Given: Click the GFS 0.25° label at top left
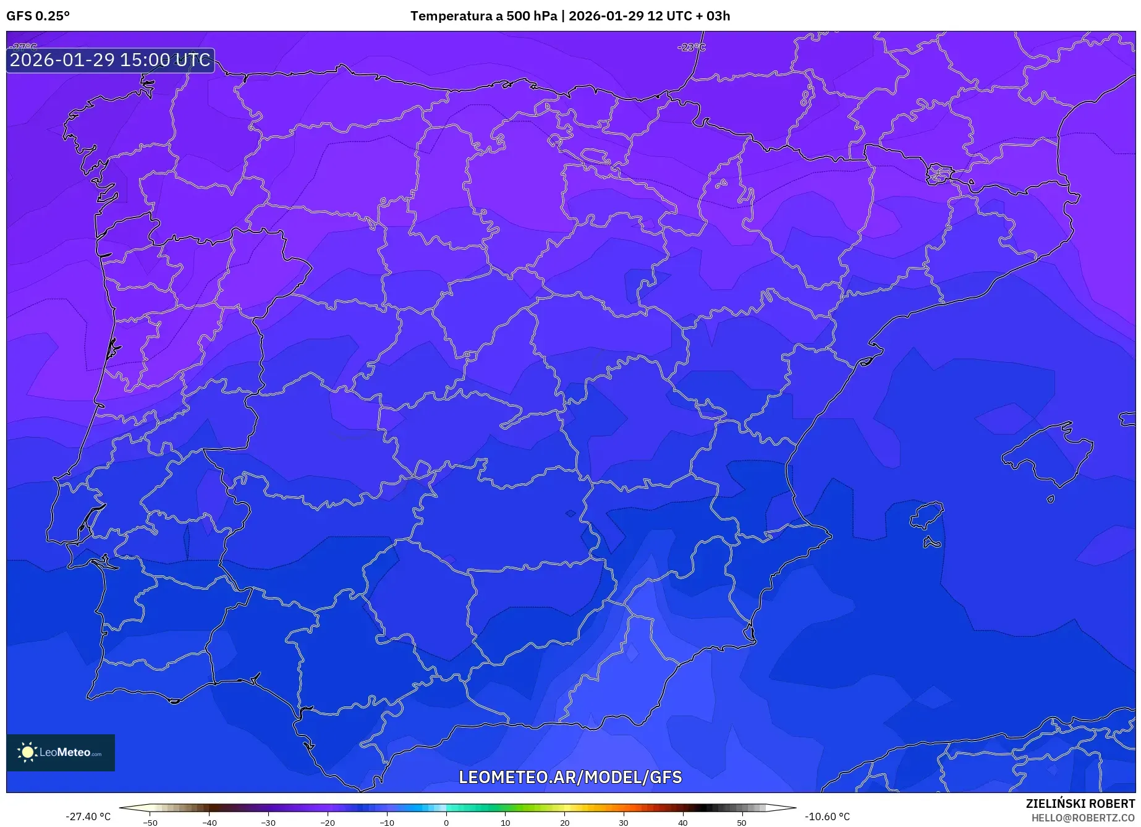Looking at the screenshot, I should click(38, 16).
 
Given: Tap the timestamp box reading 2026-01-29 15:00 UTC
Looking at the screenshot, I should click(110, 60).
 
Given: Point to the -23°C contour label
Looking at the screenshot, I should click(691, 47).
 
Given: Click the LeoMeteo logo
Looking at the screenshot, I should click(61, 752).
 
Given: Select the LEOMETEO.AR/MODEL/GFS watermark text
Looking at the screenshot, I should click(570, 777).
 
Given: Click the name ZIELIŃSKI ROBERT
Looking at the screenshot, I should click(1080, 804).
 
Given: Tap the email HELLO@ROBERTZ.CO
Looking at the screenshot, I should click(1082, 817).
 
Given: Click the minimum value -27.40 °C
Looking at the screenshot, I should click(88, 816).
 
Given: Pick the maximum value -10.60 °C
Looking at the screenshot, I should click(827, 816).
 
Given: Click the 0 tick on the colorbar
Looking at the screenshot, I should click(446, 822).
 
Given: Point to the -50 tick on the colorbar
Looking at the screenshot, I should click(150, 822).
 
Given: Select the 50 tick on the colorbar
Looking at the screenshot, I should click(742, 822).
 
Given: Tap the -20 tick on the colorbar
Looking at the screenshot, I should click(328, 822).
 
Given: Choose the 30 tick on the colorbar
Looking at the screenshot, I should click(624, 822).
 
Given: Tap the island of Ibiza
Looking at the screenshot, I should click(927, 515).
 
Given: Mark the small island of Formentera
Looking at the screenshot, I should click(931, 543).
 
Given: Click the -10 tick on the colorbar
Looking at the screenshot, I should click(387, 822).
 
